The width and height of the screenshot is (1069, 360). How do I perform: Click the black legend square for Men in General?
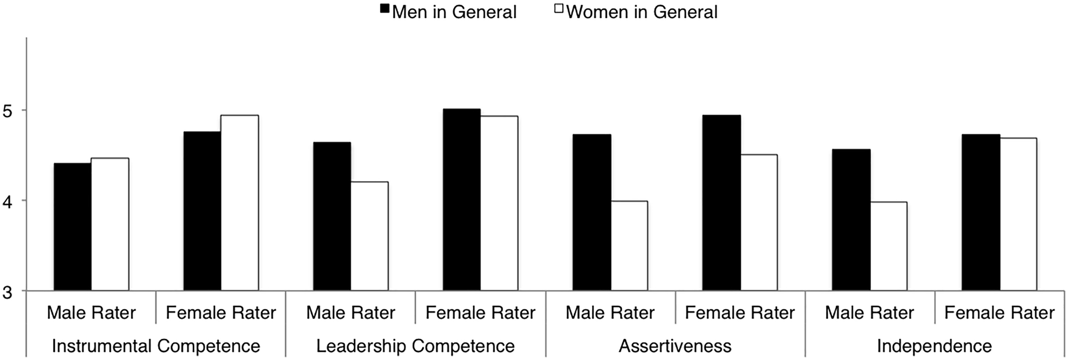(384, 9)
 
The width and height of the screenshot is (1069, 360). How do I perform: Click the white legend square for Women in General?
(558, 9)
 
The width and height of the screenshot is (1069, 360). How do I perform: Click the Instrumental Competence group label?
(156, 346)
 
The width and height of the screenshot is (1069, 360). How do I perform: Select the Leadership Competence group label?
(415, 346)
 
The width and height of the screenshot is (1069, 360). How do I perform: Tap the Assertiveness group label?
(675, 346)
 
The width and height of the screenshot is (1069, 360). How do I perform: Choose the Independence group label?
(934, 346)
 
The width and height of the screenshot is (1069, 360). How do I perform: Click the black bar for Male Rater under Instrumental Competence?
(73, 227)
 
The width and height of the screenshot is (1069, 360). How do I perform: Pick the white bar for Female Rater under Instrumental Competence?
(239, 203)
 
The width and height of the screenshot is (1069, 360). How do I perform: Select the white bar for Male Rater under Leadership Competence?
(369, 236)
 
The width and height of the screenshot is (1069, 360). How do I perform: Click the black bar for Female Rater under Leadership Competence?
(461, 200)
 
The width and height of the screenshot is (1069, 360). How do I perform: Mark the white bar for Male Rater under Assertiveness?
(629, 246)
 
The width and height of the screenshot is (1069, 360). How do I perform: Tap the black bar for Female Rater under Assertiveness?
(721, 203)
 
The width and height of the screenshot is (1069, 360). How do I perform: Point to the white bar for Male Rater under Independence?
(889, 246)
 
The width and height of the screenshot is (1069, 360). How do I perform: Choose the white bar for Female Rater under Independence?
(1018, 214)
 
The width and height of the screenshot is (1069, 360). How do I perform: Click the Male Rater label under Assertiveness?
(610, 313)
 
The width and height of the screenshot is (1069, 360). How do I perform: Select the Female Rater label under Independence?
(999, 313)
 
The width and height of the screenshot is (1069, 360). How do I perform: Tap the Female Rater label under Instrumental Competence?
(221, 313)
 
